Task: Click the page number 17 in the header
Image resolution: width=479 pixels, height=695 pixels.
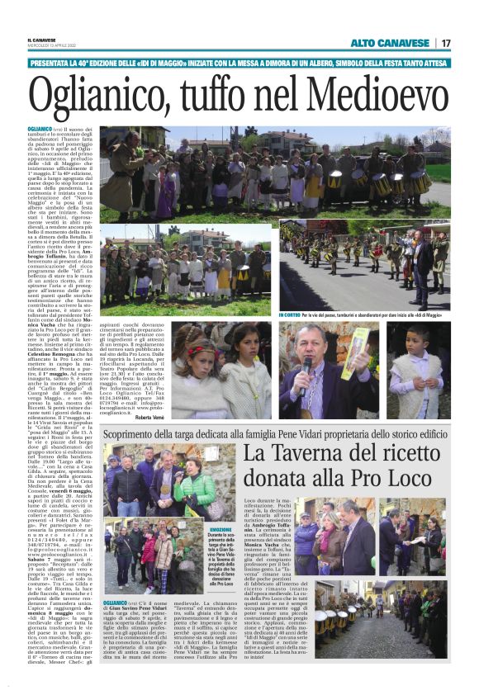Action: pos(445,43)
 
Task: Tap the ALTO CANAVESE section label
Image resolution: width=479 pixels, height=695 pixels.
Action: pos(391,43)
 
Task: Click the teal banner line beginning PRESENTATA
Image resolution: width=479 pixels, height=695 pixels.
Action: pos(239,63)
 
